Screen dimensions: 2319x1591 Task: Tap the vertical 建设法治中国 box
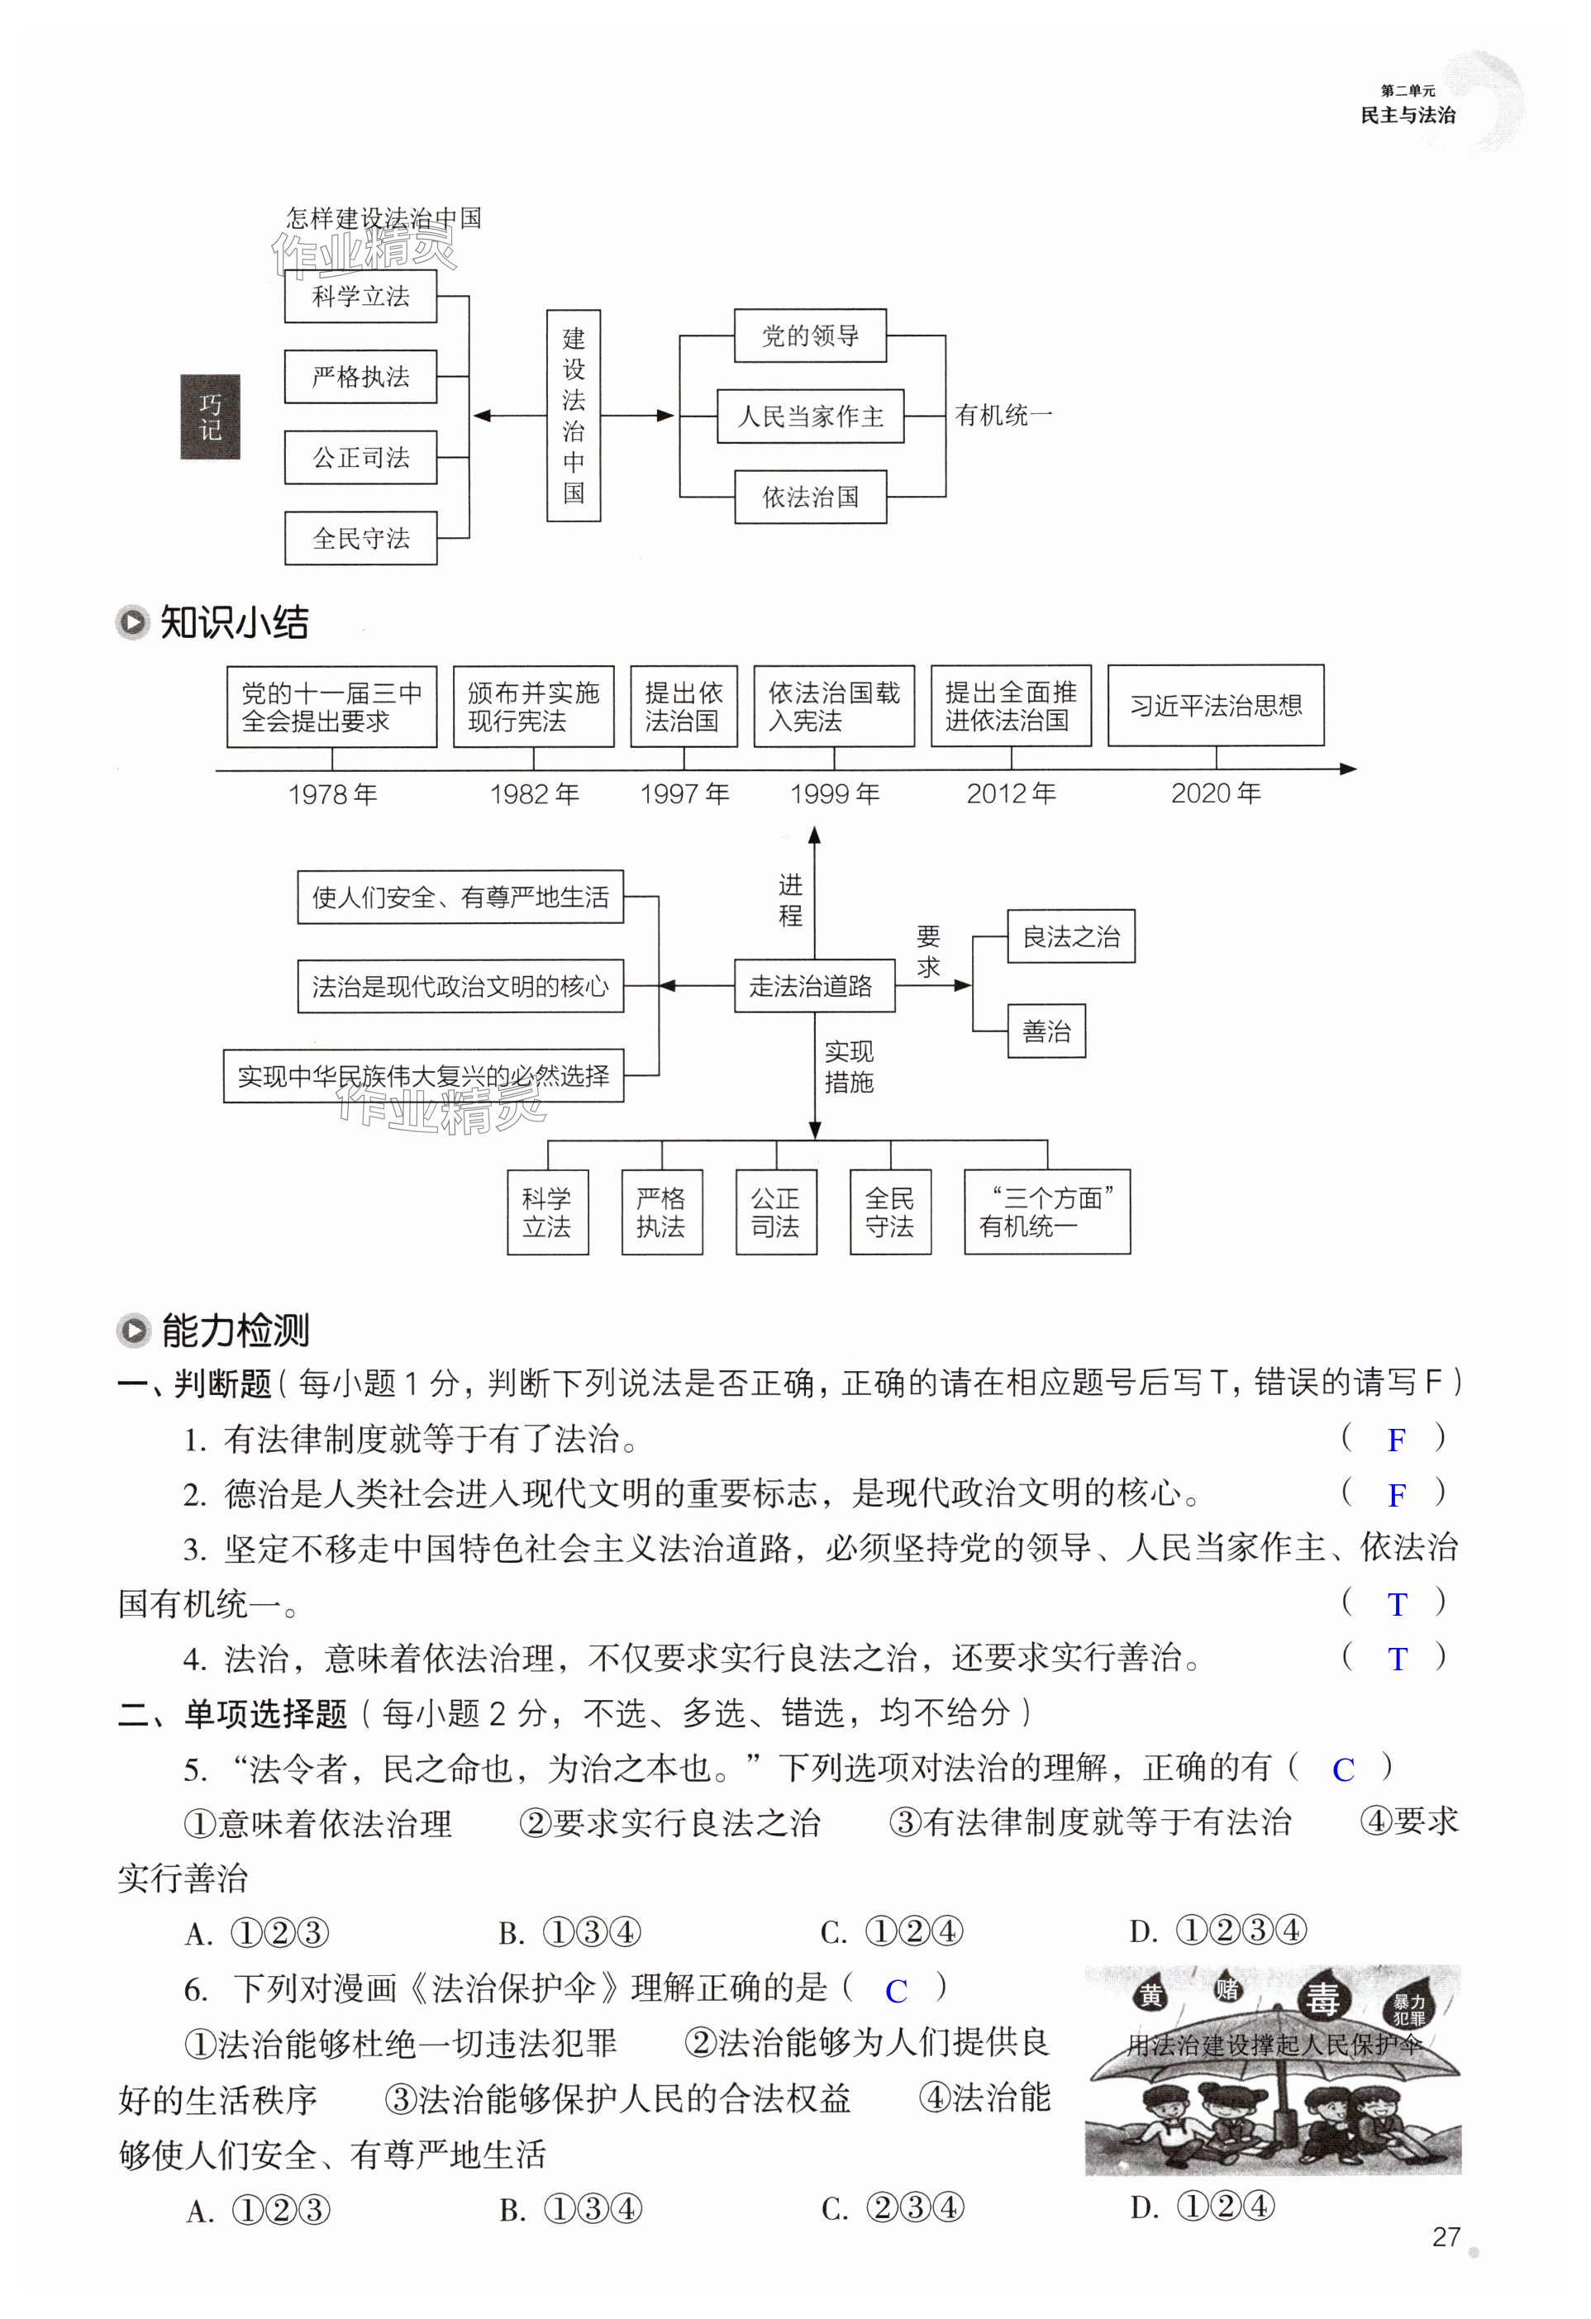point(573,415)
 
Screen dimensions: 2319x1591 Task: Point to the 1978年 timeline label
point(332,794)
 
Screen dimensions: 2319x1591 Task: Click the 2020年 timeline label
point(1215,793)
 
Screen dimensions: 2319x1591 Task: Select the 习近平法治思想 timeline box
point(1215,706)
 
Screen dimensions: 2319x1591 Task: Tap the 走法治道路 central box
point(812,986)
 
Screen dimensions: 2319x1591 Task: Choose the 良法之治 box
point(1070,936)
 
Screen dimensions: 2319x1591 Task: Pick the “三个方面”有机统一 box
point(1046,1212)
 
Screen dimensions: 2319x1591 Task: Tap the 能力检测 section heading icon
point(131,1330)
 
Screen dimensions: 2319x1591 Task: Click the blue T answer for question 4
point(1397,1659)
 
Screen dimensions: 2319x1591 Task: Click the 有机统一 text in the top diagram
point(1003,415)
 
